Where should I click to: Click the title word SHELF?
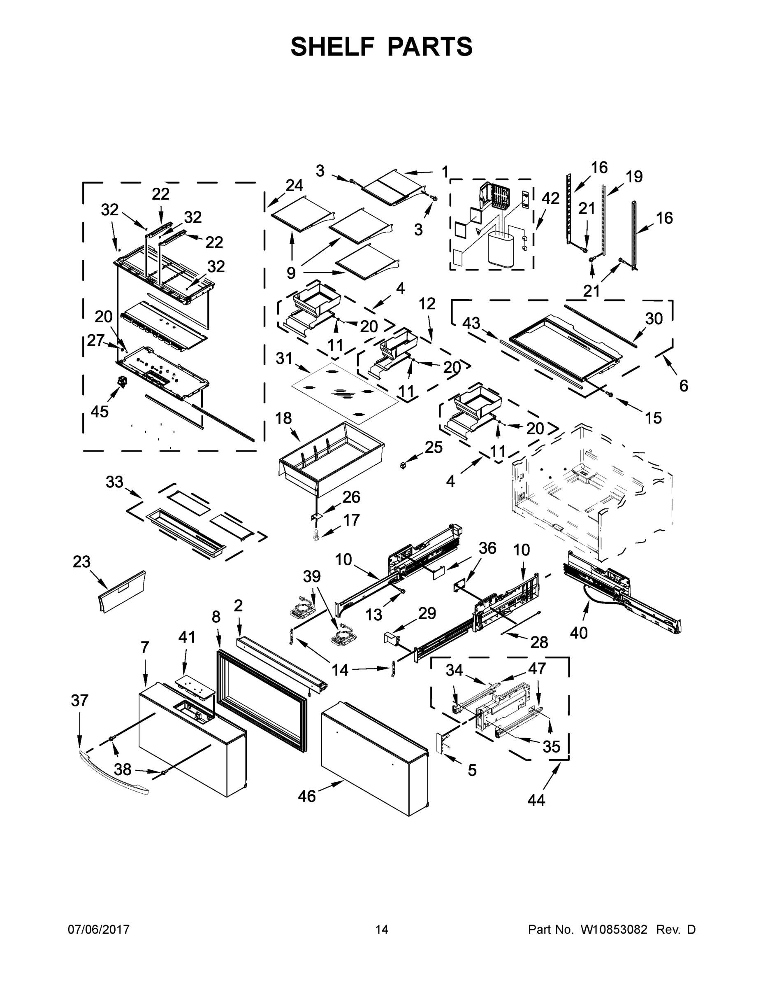point(333,47)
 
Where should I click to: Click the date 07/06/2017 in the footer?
point(99,930)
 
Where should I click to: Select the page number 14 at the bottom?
point(382,930)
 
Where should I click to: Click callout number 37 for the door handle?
point(79,701)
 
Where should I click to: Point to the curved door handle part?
point(113,777)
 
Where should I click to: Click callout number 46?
point(306,797)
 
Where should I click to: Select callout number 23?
point(82,562)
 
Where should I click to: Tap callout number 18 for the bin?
point(283,418)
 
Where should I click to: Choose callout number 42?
point(551,198)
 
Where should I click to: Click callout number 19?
point(634,177)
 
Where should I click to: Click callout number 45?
point(100,411)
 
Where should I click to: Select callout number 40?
point(579,633)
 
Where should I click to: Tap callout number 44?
point(536,800)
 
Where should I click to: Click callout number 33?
point(114,482)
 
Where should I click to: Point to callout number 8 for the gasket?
point(216,617)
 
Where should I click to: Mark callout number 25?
point(434,447)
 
